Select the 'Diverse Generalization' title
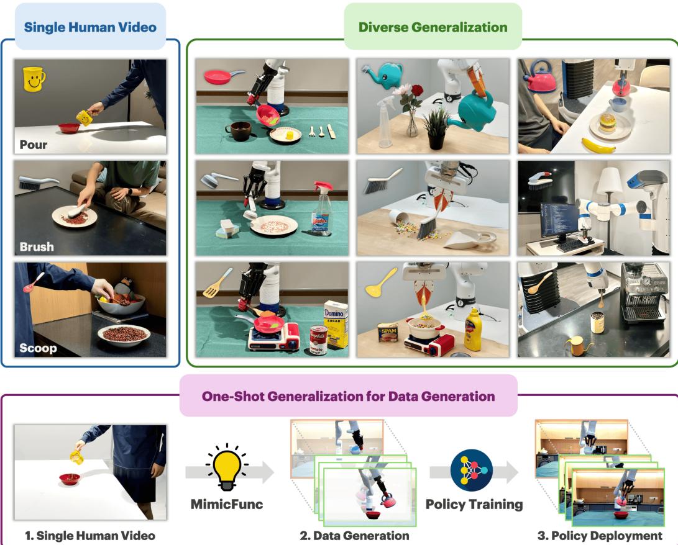tap(432, 27)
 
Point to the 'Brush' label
tap(37, 246)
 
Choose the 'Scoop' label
tap(38, 348)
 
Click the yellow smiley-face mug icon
tap(35, 78)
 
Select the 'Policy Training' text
tap(474, 504)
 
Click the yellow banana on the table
tap(598, 146)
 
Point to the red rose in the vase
tap(415, 92)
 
